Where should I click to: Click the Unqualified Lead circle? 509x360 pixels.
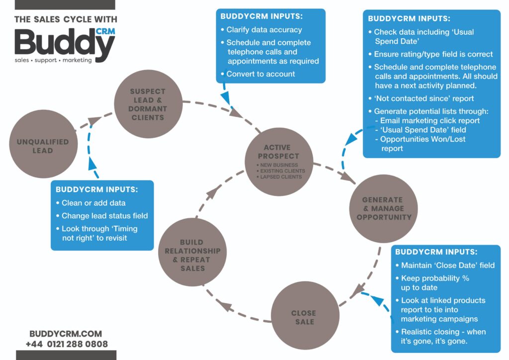tap(43, 146)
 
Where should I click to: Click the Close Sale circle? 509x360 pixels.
tap(303, 316)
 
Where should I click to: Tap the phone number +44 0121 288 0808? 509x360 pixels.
tap(67, 344)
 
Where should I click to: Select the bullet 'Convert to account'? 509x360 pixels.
tap(260, 74)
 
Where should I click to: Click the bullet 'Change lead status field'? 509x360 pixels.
tap(104, 216)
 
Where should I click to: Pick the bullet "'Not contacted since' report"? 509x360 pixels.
tap(424, 98)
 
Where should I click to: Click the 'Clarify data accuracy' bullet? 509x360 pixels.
tap(264, 30)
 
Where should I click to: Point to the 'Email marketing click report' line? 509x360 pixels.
tap(430, 120)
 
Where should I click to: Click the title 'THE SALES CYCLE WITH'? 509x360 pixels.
tap(66, 20)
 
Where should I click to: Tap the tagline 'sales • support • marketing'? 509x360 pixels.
tap(53, 60)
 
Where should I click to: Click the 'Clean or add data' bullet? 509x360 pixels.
tap(93, 203)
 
